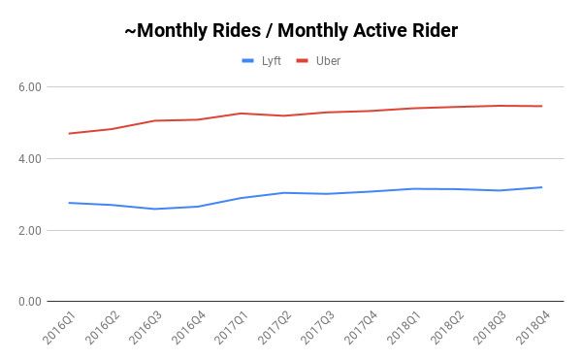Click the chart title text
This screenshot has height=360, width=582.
(291, 31)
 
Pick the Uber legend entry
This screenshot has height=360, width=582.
(319, 61)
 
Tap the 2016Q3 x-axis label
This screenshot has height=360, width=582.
(144, 331)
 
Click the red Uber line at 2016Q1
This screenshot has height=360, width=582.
(69, 133)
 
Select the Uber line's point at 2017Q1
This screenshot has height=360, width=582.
(242, 114)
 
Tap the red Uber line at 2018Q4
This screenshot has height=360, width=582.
(541, 106)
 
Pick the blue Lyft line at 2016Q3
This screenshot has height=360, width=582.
(155, 209)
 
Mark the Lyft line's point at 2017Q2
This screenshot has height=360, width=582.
(283, 193)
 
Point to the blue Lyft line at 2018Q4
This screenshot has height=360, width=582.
(541, 187)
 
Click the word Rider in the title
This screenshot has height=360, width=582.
(433, 31)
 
